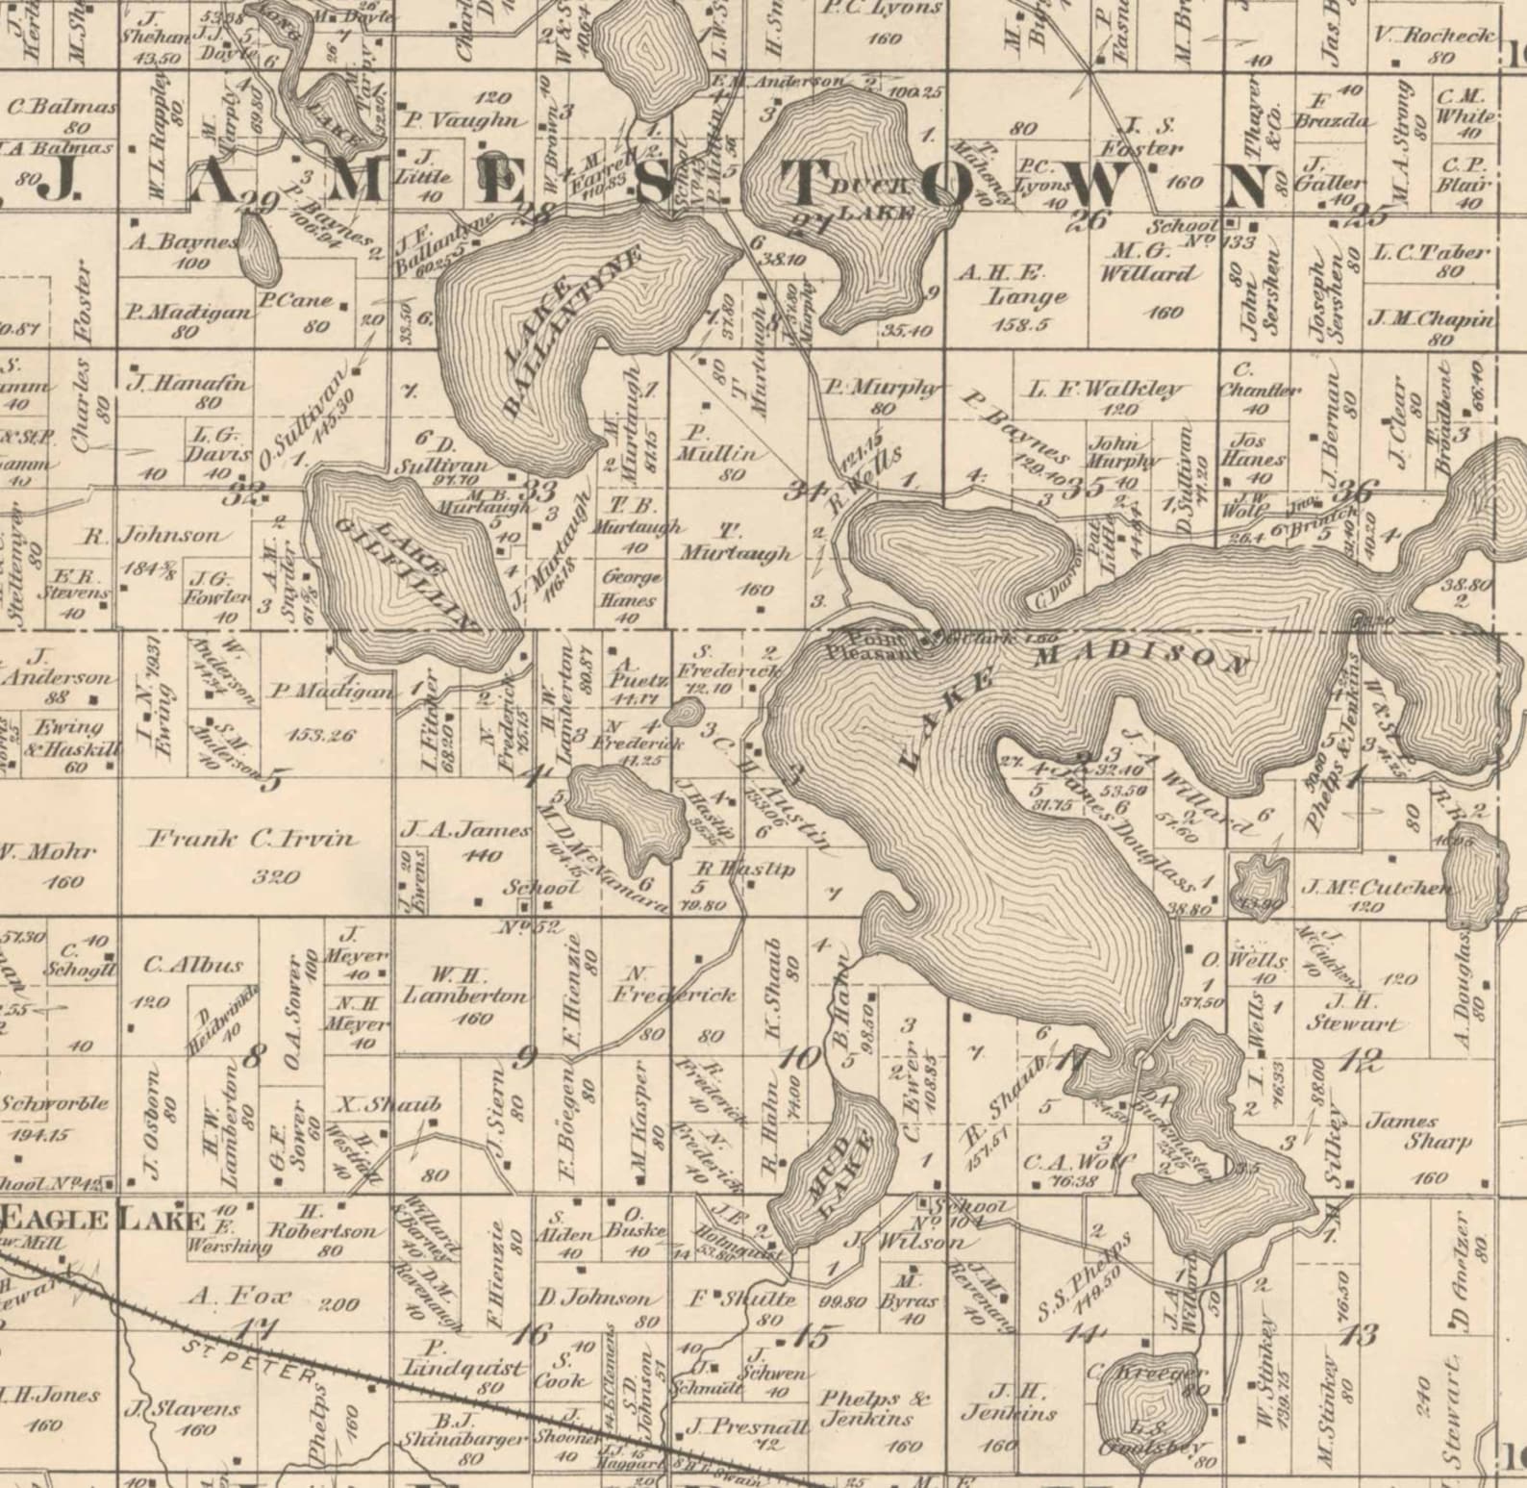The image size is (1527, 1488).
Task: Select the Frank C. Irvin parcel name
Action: [x=251, y=840]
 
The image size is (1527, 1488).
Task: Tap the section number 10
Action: [x=800, y=1059]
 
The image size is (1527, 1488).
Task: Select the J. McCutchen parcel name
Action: [x=1375, y=887]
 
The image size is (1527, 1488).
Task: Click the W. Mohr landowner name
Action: [x=46, y=852]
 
